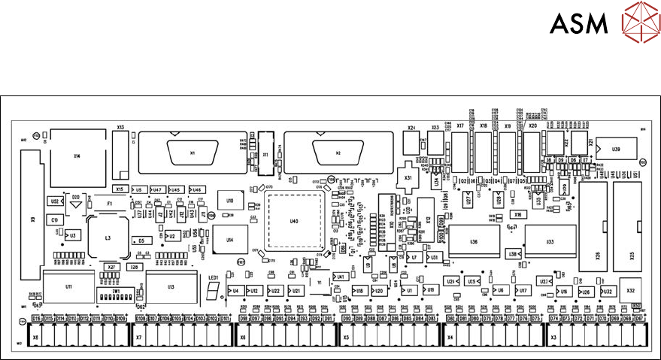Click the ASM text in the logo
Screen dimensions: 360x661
(579, 25)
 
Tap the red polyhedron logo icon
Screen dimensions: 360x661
(638, 25)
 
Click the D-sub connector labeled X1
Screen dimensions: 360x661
(193, 153)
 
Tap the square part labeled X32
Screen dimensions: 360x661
(630, 291)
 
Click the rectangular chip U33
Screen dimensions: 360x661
(550, 242)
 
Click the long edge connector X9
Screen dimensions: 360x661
(33, 220)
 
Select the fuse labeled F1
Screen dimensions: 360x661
(109, 204)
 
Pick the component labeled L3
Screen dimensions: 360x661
(108, 237)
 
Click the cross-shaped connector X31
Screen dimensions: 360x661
(408, 177)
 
